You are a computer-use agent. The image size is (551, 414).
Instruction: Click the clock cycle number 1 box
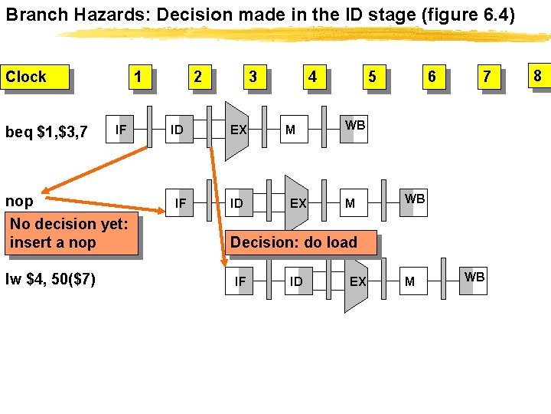click(138, 77)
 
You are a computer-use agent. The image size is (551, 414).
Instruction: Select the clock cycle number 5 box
click(372, 77)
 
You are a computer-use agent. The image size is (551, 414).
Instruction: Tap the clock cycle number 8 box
click(537, 75)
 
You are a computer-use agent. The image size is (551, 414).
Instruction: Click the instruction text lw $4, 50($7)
click(51, 279)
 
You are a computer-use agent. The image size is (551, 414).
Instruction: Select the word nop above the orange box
click(19, 201)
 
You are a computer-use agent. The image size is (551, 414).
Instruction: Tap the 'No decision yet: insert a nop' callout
click(70, 234)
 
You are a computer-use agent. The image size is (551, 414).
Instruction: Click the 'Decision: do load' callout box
click(294, 242)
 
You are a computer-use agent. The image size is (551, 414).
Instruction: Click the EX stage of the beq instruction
click(238, 130)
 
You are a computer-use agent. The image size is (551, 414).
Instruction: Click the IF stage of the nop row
click(181, 203)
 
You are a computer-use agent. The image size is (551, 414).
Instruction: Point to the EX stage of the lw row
click(357, 281)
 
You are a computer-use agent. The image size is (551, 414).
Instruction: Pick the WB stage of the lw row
click(474, 278)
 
